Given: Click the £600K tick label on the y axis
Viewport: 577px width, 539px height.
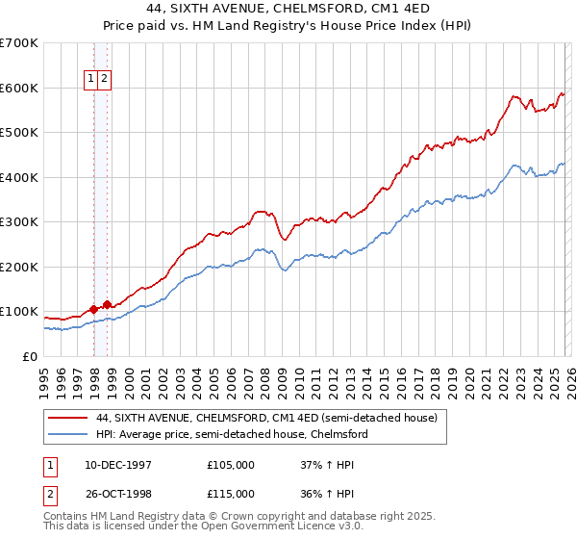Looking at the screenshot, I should [x=19, y=88].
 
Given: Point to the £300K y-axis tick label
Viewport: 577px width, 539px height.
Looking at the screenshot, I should [x=19, y=222].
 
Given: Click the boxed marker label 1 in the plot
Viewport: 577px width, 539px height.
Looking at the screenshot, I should [x=91, y=80].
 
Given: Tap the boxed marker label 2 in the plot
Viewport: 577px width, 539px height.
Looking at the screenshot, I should [x=104, y=80].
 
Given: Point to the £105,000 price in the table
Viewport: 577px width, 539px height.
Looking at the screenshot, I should [x=231, y=465].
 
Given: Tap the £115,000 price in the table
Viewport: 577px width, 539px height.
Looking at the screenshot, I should [x=231, y=494].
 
